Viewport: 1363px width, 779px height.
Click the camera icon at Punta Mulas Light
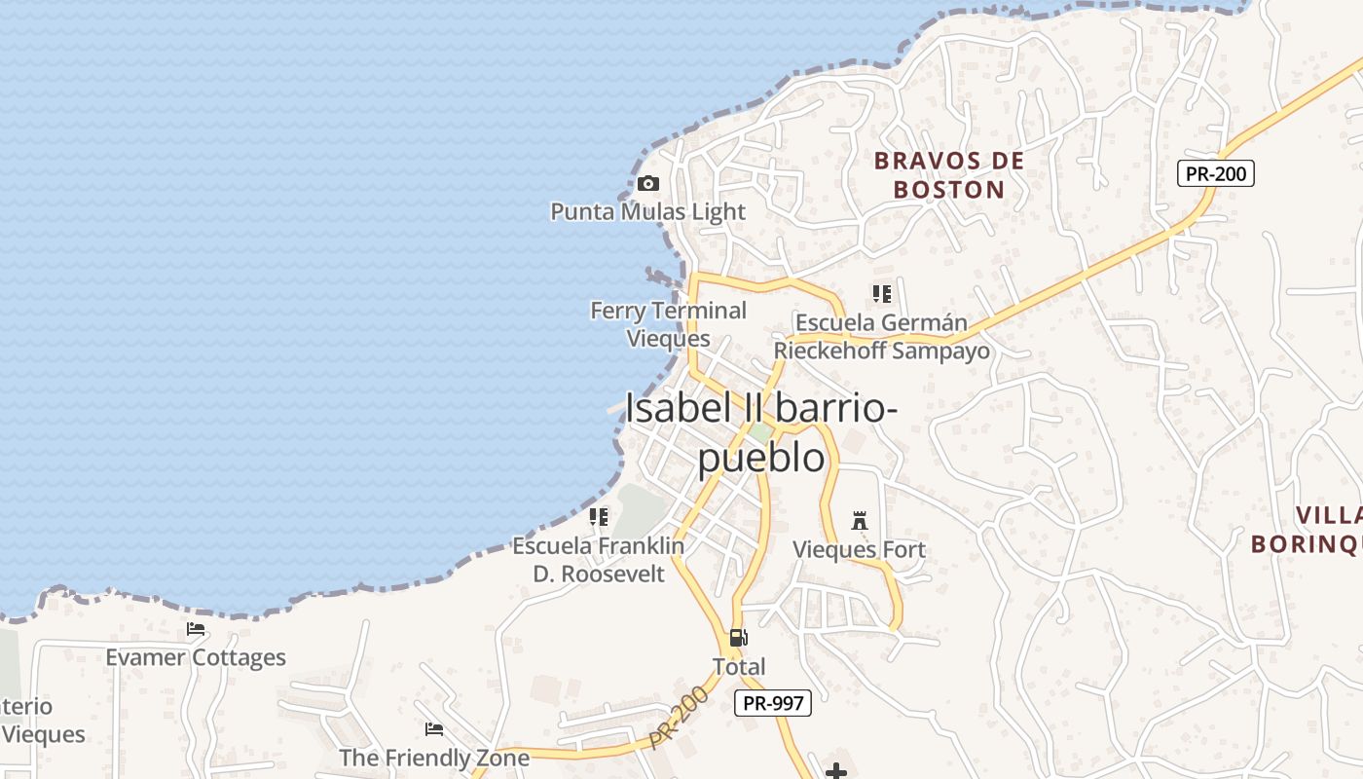click(x=647, y=183)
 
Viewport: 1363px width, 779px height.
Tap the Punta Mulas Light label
click(x=647, y=211)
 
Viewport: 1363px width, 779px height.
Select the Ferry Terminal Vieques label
click(x=668, y=324)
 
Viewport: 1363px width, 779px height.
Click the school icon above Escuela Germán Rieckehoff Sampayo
click(x=881, y=293)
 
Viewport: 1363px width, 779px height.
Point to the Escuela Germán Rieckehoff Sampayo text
click(x=881, y=337)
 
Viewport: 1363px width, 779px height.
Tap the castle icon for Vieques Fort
click(x=859, y=521)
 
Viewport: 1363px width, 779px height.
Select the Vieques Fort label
click(x=859, y=549)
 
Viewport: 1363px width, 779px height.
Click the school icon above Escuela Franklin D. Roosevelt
click(x=598, y=517)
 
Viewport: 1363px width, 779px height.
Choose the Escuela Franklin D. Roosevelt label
click(x=598, y=560)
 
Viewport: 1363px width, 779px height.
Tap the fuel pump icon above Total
click(x=739, y=638)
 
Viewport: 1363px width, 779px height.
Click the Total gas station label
click(x=739, y=667)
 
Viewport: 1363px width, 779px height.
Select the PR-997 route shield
click(x=773, y=703)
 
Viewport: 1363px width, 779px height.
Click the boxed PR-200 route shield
click(x=1215, y=173)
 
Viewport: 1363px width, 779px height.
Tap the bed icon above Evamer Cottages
click(x=196, y=629)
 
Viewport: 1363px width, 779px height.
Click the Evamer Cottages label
click(x=196, y=657)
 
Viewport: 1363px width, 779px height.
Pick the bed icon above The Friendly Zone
click(x=434, y=728)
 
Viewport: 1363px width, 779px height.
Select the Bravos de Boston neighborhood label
click(x=949, y=175)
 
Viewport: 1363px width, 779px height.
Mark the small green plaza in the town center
click(x=761, y=431)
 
